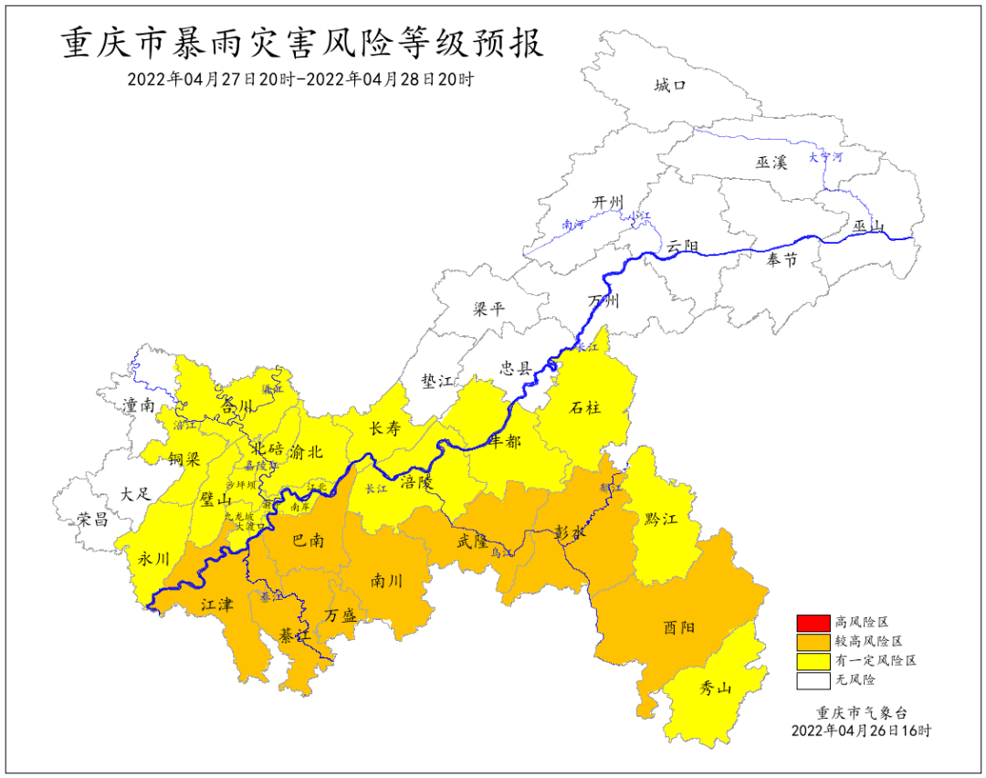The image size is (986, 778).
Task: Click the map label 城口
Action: pyautogui.click(x=669, y=86)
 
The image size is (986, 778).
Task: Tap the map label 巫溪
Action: pyautogui.click(x=771, y=163)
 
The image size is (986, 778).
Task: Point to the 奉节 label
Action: pyautogui.click(x=781, y=260)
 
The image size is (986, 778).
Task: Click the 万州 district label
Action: pyautogui.click(x=603, y=301)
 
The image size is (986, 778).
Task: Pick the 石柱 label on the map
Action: pyautogui.click(x=585, y=407)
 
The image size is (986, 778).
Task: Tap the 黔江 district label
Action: pyautogui.click(x=660, y=520)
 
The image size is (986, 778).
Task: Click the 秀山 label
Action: pyautogui.click(x=715, y=689)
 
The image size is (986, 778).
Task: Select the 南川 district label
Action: pyautogui.click(x=387, y=580)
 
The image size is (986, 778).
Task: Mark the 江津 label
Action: pyautogui.click(x=217, y=604)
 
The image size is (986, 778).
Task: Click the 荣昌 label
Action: pyautogui.click(x=92, y=520)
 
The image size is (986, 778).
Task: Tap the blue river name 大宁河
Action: pyautogui.click(x=826, y=157)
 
